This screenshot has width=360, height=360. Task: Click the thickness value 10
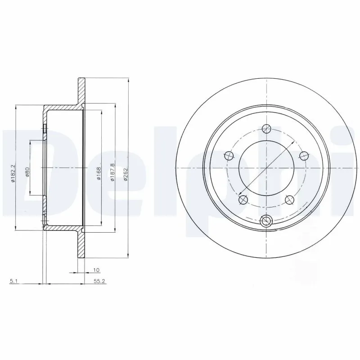click(96, 270)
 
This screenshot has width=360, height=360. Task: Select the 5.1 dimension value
click(14, 282)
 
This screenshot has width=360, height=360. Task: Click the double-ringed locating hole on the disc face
click(267, 220)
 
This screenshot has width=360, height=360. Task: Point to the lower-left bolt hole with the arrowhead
click(243, 198)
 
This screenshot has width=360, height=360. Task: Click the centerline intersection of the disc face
click(267, 167)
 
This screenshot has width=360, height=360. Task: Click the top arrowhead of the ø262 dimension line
click(128, 80)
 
